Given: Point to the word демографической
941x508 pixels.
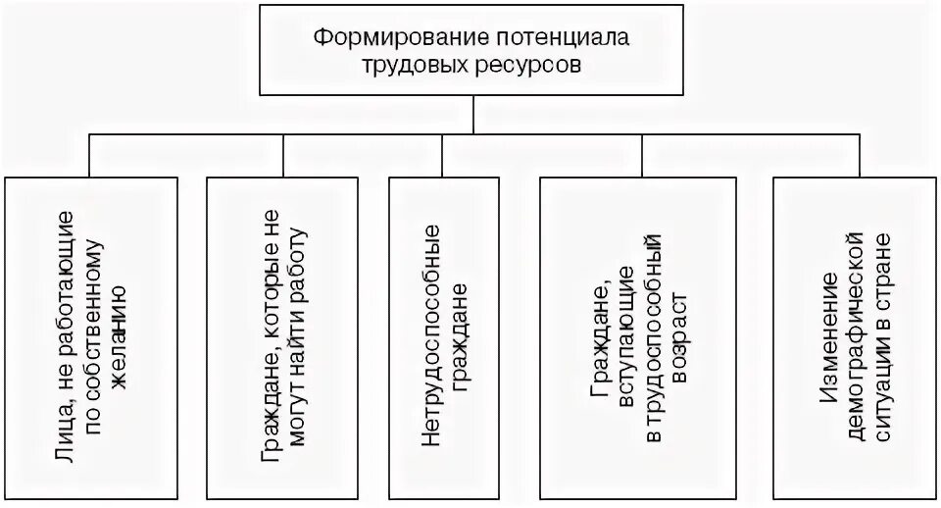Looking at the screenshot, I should pos(853,333).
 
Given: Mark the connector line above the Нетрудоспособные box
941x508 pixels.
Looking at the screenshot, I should pos(443,157).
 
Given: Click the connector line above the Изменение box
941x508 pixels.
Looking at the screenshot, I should pos(845,157).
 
